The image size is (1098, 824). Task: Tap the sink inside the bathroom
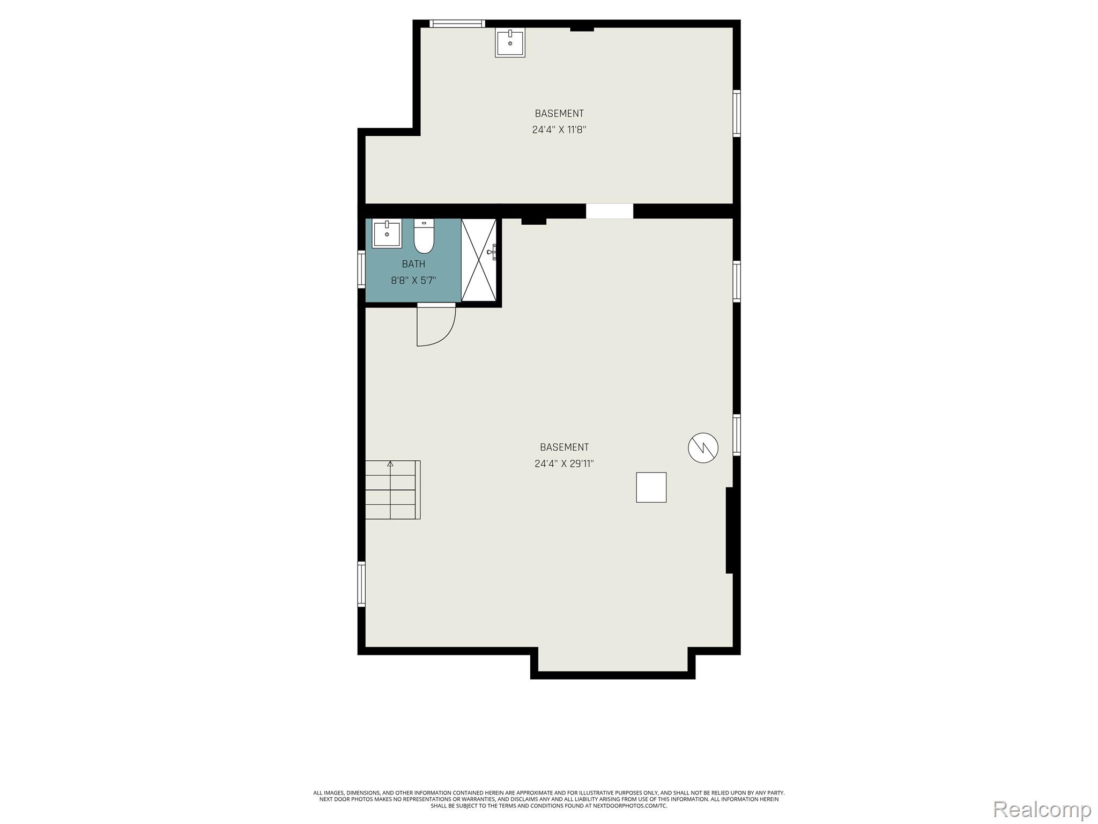[x=387, y=233]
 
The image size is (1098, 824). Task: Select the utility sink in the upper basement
[x=510, y=42]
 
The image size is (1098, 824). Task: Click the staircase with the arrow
[x=392, y=489]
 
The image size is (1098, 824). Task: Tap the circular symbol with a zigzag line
[x=703, y=447]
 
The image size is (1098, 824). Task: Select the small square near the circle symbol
[x=651, y=487]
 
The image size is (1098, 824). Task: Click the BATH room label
[x=413, y=264]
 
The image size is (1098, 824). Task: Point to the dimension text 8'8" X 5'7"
[x=413, y=280]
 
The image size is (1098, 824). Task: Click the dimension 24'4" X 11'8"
[x=559, y=129]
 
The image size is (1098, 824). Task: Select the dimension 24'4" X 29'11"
[x=564, y=463]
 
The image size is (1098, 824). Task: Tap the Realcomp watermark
[x=1042, y=808]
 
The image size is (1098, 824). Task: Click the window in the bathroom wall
[x=361, y=270]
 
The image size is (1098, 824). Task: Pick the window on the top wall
[x=457, y=24]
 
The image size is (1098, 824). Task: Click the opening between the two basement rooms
[x=610, y=211]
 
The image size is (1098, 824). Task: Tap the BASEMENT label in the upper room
[x=559, y=113]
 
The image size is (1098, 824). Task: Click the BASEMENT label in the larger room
[x=564, y=447]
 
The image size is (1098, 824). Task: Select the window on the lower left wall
[x=361, y=584]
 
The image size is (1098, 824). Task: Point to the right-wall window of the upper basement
[x=737, y=113]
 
